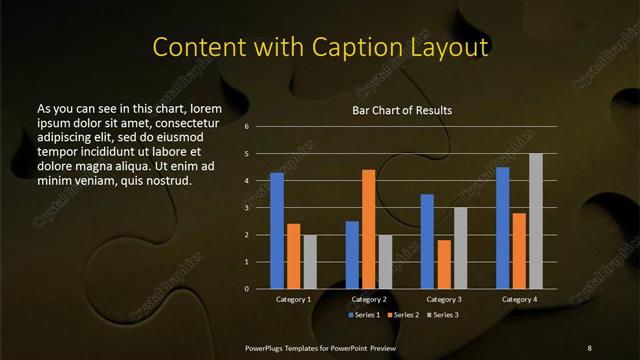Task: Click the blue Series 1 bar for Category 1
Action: click(277, 231)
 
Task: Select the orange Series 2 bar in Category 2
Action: click(368, 229)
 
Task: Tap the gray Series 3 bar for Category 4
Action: click(535, 221)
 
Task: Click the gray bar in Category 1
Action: click(309, 262)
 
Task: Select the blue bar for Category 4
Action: click(503, 228)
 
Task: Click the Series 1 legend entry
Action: click(363, 315)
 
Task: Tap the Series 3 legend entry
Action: click(444, 315)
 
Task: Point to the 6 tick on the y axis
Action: click(246, 127)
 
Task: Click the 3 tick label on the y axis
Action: click(246, 208)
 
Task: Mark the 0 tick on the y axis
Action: click(246, 289)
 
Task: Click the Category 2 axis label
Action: click(368, 300)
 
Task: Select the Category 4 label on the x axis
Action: click(519, 300)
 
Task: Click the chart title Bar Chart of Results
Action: click(401, 110)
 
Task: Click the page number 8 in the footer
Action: click(589, 346)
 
